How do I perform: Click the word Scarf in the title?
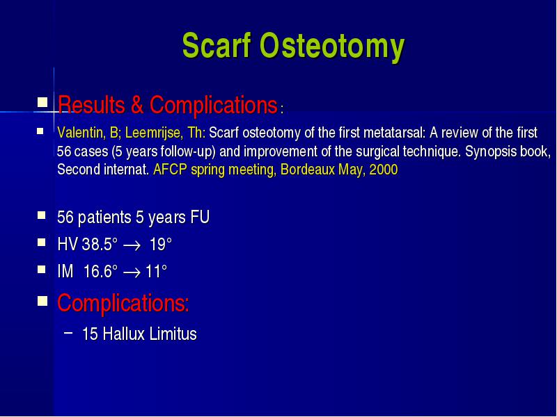click(217, 45)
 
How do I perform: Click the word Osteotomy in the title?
click(332, 47)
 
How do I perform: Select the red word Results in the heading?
click(91, 105)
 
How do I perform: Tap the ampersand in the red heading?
click(137, 105)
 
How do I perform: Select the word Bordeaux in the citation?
click(307, 170)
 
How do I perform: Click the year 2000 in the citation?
click(384, 170)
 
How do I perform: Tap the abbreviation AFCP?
click(170, 170)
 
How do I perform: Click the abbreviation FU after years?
click(200, 217)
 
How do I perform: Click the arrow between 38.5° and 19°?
click(132, 246)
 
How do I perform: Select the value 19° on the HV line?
click(161, 245)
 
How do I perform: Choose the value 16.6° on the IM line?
click(100, 272)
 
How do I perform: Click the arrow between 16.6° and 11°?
click(132, 273)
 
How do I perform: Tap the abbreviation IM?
click(65, 272)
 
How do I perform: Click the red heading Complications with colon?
click(123, 303)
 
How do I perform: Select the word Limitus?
click(173, 334)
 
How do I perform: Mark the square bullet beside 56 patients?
click(42, 215)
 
